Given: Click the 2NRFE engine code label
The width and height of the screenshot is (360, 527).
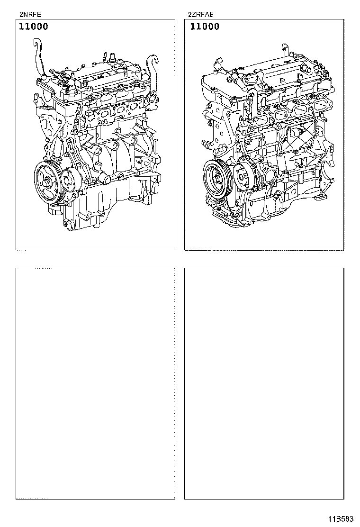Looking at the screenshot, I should tap(27, 14).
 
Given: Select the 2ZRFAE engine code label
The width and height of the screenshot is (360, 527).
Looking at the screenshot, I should tap(200, 14).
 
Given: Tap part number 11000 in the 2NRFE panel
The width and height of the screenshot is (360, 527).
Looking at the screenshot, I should tap(33, 27).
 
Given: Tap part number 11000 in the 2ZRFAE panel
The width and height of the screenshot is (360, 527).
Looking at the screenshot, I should tap(205, 27).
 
